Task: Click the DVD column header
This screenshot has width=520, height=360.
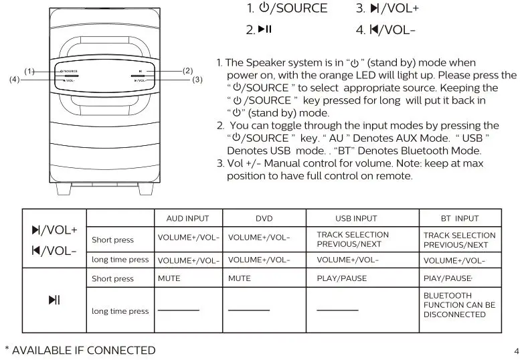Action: pyautogui.click(x=264, y=218)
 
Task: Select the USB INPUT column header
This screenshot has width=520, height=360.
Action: pyautogui.click(x=355, y=218)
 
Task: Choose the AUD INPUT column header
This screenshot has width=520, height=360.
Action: pyautogui.click(x=187, y=218)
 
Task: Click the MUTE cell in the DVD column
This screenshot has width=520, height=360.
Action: pyautogui.click(x=240, y=278)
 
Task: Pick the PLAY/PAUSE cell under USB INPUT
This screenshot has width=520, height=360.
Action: pyautogui.click(x=341, y=278)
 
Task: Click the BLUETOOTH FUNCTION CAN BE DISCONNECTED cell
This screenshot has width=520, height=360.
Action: pyautogui.click(x=459, y=305)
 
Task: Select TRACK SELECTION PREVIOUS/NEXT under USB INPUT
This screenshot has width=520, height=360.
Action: pyautogui.click(x=353, y=240)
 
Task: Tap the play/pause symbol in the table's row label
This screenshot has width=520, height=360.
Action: pyautogui.click(x=54, y=300)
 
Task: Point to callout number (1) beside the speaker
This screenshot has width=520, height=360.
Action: pyautogui.click(x=29, y=71)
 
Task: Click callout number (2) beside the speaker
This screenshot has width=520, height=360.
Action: pyautogui.click(x=187, y=70)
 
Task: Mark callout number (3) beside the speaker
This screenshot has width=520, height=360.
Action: pyautogui.click(x=197, y=80)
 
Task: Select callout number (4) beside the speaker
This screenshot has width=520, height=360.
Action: pyautogui.click(x=14, y=80)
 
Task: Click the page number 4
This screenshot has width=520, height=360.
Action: pyautogui.click(x=515, y=351)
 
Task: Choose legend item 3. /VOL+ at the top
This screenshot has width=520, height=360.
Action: pyautogui.click(x=387, y=9)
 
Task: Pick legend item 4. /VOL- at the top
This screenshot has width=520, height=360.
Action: pyautogui.click(x=386, y=30)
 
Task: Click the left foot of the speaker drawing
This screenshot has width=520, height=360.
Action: pyautogui.click(x=63, y=189)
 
